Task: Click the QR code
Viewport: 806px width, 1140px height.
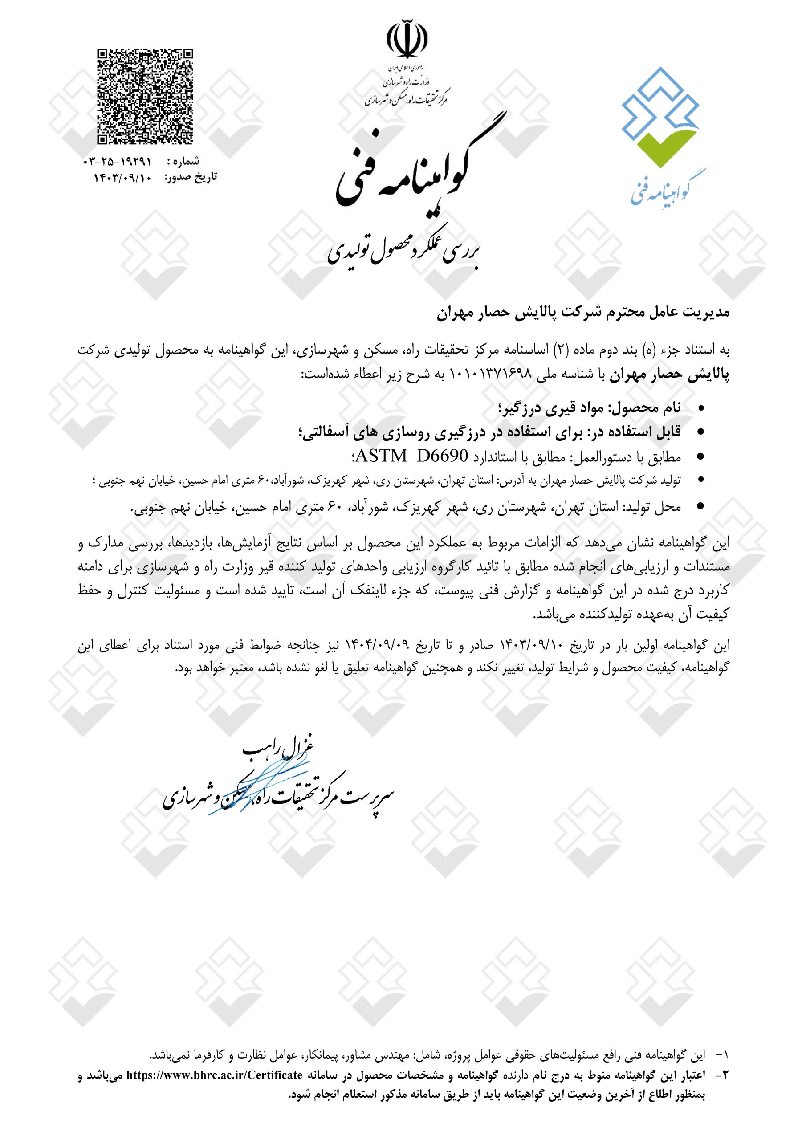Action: click(145, 97)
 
